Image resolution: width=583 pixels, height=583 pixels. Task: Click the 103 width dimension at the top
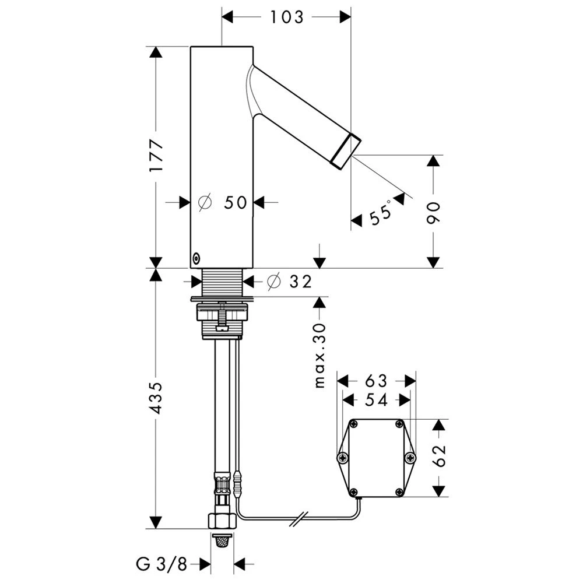(287, 17)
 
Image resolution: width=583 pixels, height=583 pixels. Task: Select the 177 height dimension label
(156, 156)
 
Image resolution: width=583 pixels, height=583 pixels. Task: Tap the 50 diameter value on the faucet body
(236, 202)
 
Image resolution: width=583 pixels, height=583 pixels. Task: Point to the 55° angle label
(381, 213)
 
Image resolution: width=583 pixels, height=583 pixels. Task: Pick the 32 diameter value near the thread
(300, 282)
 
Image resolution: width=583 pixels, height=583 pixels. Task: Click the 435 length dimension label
(156, 398)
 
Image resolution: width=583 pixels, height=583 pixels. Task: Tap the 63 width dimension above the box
(376, 381)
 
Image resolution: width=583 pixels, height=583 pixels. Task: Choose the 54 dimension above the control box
(376, 400)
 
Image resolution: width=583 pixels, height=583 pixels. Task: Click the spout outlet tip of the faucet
(346, 152)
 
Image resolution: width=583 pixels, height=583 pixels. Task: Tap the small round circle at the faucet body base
(196, 257)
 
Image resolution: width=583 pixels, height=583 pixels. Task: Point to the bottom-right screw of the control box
(399, 492)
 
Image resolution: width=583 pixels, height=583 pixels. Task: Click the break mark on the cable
(301, 518)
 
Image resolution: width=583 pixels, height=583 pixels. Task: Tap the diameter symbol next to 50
(205, 202)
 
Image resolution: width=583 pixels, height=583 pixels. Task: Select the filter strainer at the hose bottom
(222, 541)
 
